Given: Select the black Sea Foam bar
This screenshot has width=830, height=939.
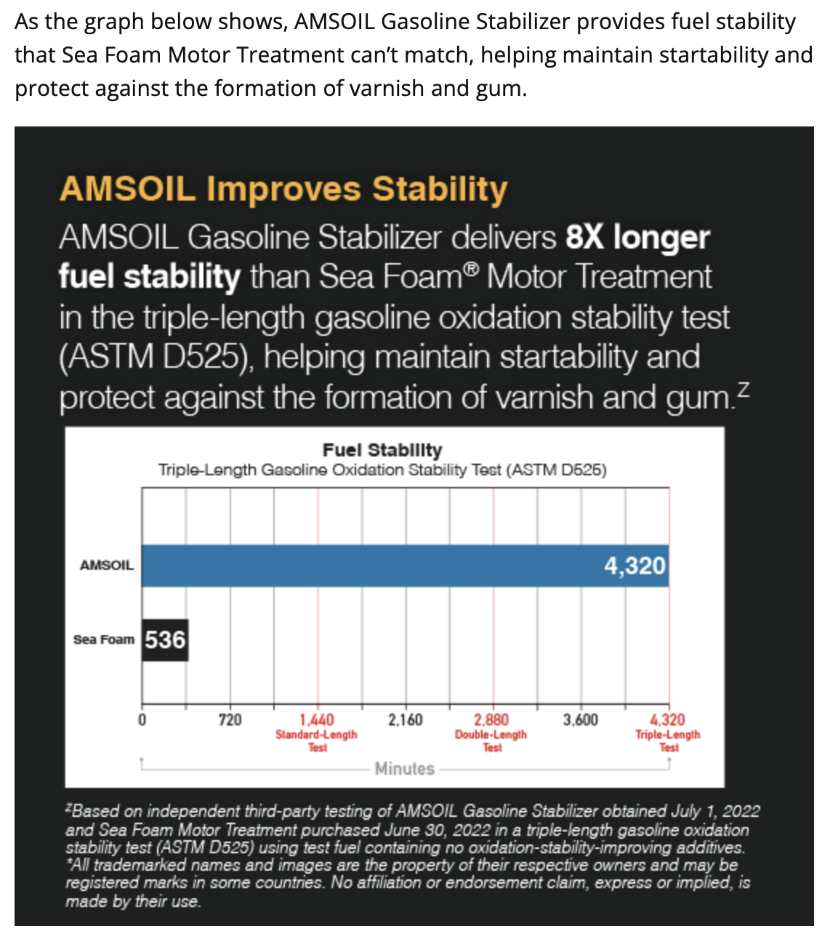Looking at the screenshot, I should tap(165, 640).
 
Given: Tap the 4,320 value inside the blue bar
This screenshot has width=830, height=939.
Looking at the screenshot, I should tap(634, 565).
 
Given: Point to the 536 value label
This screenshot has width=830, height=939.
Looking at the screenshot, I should tap(165, 640).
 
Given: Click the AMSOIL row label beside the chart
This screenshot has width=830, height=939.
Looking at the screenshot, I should tap(107, 565).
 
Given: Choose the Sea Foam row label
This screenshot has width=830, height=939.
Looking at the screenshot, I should tap(104, 640).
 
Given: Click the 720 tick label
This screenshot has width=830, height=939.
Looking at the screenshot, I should tap(230, 720).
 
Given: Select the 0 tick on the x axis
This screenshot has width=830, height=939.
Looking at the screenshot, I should tap(142, 720).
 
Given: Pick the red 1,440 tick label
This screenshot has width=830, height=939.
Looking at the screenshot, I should tap(317, 720).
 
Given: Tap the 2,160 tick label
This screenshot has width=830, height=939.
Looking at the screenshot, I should tap(405, 720).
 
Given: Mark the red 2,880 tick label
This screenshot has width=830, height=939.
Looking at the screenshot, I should tap(491, 720).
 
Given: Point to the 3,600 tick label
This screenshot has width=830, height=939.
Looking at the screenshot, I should tap(581, 720).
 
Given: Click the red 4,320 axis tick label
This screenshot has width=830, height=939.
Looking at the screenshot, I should tap(667, 720).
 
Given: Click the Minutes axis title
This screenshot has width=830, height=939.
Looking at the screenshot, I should tap(405, 768).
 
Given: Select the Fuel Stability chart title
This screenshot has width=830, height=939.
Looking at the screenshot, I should tap(382, 450).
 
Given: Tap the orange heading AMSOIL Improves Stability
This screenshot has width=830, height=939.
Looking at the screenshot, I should tap(283, 189).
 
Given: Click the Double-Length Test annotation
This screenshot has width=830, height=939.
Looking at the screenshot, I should tap(491, 741).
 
